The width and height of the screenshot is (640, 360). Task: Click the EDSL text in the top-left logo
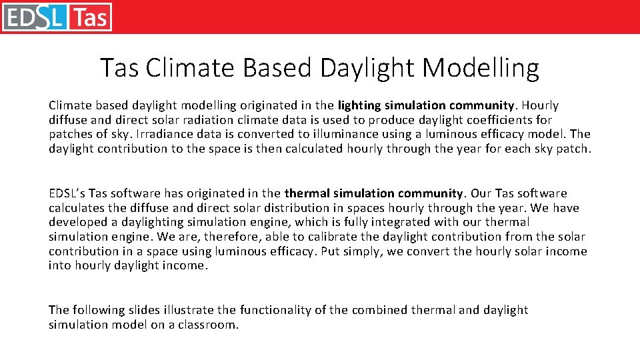35,17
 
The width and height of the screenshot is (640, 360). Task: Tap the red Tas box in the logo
90,17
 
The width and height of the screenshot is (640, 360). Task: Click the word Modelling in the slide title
481,67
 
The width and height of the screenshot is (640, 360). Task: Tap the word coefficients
492,120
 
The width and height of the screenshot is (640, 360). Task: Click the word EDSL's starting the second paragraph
67,193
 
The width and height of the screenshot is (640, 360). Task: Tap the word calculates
74,208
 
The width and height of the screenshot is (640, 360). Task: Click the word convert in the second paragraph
441,251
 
